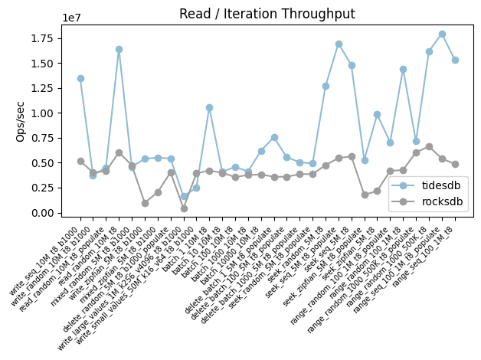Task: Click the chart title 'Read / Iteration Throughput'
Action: pos(267,14)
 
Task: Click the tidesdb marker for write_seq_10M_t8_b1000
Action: pos(80,78)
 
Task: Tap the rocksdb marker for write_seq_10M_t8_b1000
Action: pos(80,161)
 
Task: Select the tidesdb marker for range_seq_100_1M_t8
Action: pos(455,60)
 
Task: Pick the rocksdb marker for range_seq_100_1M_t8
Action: pos(455,164)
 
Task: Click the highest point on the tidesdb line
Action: pos(442,34)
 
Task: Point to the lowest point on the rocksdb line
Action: pos(184,208)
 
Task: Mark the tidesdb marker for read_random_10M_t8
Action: pos(119,49)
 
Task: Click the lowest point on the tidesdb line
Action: pos(184,196)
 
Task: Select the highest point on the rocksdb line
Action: pos(429,146)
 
